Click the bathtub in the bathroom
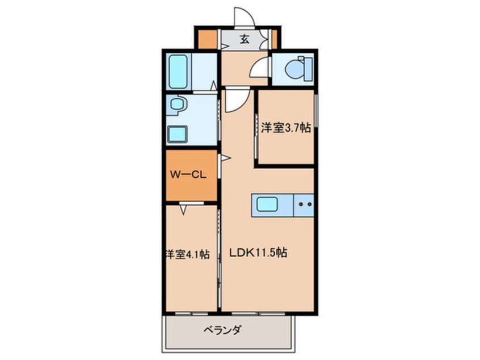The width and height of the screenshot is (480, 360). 179,71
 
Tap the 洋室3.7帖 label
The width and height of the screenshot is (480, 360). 285,128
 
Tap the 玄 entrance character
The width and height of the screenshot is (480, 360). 244,40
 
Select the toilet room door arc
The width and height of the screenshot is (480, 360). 260,69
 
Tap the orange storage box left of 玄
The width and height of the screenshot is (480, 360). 208,39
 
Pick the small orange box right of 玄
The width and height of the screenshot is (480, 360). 274,39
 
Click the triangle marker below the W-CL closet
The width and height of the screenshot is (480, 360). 184,209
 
